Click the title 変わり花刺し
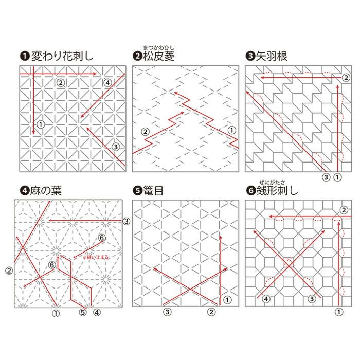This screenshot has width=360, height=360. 62,56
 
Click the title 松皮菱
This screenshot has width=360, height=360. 158,56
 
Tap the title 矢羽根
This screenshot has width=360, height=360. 272,56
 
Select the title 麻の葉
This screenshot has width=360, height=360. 46,191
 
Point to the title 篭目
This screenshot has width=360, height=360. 153,191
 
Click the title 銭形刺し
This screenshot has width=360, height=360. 277,191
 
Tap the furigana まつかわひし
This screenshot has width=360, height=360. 159,48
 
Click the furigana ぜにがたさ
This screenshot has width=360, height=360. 272,183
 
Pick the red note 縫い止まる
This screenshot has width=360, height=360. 97,257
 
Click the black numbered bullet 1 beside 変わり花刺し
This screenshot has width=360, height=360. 25,56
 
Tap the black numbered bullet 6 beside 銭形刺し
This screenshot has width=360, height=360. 251,191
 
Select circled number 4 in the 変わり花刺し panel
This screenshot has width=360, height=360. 107,83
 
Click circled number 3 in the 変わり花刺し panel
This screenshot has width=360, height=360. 116,147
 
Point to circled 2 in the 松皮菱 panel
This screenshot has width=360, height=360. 145,132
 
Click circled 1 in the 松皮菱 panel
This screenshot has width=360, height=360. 231,130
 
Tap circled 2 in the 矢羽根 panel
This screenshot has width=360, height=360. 346,78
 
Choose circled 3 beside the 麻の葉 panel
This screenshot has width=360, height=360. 127,221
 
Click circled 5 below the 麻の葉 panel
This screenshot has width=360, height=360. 83,312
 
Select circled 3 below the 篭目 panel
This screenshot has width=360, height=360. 167,312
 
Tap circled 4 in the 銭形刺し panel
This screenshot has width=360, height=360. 266,299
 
